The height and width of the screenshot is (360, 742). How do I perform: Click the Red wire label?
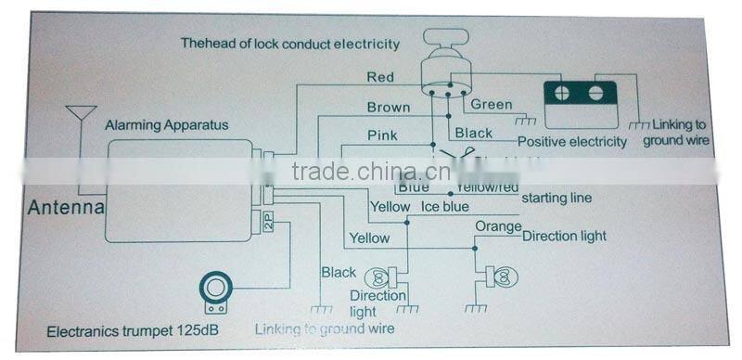381,77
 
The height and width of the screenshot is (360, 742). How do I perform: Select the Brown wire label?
388,108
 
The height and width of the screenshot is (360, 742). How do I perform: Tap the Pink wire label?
382,135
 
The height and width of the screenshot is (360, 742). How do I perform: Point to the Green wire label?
491,104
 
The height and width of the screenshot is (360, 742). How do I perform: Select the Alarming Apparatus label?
166,123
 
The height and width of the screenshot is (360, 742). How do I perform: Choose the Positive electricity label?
572,142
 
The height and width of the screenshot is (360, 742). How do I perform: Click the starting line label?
556,199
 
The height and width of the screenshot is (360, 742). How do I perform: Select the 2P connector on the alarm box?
268,222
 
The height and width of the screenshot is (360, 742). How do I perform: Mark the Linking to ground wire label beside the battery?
682,132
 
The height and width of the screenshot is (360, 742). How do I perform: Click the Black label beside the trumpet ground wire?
339,272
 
